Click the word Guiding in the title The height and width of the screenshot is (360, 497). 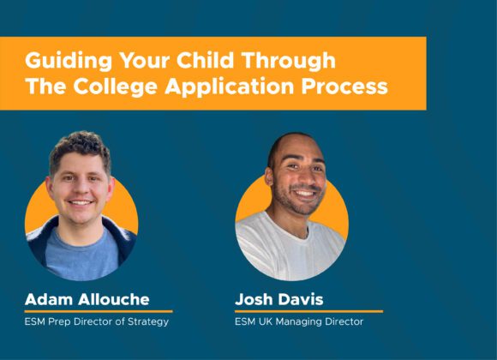69,61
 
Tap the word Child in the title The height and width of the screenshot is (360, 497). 205,60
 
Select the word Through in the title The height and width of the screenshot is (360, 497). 288,61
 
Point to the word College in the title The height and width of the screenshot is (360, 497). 116,87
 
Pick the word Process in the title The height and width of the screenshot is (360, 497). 344,87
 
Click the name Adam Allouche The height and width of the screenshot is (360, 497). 87,299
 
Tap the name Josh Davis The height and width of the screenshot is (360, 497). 279,299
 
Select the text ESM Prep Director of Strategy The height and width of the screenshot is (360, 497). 97,321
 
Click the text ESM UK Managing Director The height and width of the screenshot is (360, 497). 299,321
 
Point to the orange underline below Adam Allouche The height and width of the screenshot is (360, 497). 99,311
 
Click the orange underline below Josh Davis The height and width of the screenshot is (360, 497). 309,311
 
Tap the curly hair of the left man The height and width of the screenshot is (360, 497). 80,147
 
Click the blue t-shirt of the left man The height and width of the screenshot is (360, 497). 81,254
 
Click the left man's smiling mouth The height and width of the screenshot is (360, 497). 81,202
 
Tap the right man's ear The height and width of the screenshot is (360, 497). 269,177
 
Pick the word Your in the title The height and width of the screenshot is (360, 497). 144,61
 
